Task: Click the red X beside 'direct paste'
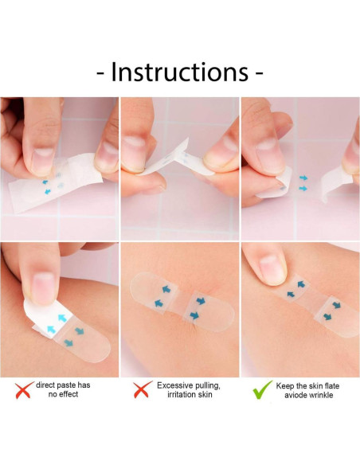23,390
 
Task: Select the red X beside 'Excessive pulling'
142,390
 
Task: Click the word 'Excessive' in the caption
175,385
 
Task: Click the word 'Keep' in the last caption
285,385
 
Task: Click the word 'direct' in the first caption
47,385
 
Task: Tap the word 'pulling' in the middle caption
206,385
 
